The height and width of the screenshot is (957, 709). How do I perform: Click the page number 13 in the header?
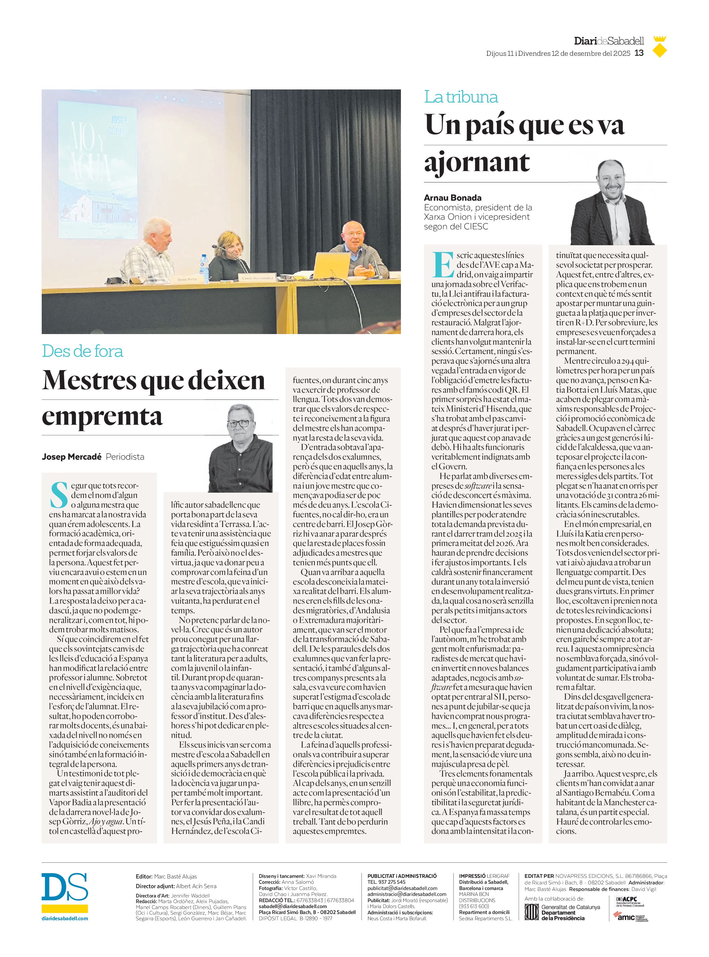639,53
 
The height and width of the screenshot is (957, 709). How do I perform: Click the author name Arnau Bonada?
452,198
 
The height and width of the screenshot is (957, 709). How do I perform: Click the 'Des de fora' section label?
83,351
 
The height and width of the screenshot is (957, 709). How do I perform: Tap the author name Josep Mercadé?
71,457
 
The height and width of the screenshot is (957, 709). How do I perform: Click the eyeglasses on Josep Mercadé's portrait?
239,423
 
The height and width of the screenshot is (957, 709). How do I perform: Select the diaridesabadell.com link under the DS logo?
65,918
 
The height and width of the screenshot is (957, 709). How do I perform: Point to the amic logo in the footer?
625,916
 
